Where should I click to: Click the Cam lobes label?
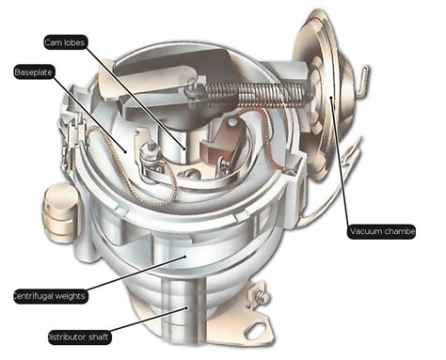click(65, 42)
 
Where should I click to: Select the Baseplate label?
click(33, 72)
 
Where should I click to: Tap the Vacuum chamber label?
click(381, 232)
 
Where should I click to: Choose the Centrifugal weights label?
click(50, 296)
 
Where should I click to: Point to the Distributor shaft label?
click(79, 337)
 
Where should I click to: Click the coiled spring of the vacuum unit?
click(256, 94)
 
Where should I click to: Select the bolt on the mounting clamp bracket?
click(260, 296)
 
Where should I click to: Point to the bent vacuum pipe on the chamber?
click(363, 81)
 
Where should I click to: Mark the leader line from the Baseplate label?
click(89, 114)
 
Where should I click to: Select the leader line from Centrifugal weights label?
click(135, 273)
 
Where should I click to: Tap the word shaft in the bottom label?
click(98, 337)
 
